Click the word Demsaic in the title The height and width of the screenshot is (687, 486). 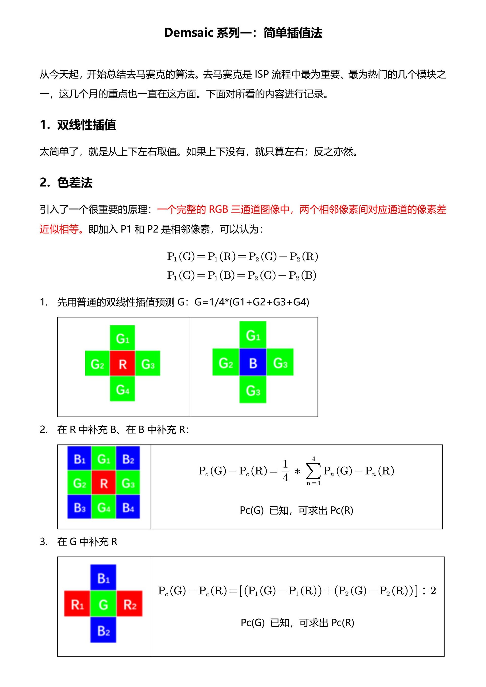(189, 33)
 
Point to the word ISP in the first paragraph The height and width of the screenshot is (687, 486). (261, 74)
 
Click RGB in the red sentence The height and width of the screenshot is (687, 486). (218, 210)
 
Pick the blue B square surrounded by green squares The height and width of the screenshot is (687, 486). (253, 363)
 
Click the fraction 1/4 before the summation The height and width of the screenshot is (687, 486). (285, 471)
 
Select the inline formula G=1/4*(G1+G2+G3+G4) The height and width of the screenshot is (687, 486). (252, 302)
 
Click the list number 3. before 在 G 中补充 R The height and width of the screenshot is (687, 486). (44, 542)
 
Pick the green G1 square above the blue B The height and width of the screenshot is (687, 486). (253, 335)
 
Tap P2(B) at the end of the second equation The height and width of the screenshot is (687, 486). (302, 275)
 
